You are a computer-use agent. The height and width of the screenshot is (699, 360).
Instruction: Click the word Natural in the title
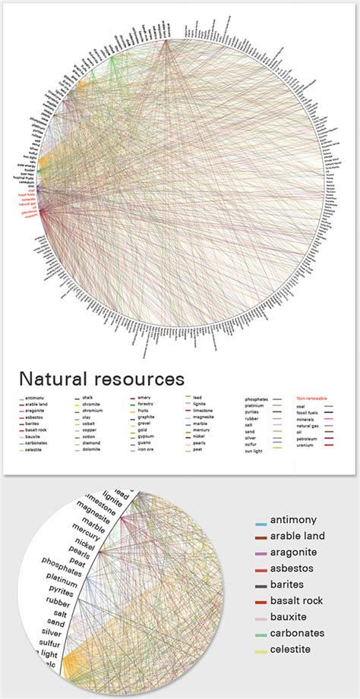[x=52, y=377]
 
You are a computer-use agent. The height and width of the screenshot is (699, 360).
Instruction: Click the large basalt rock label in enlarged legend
[x=292, y=600]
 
